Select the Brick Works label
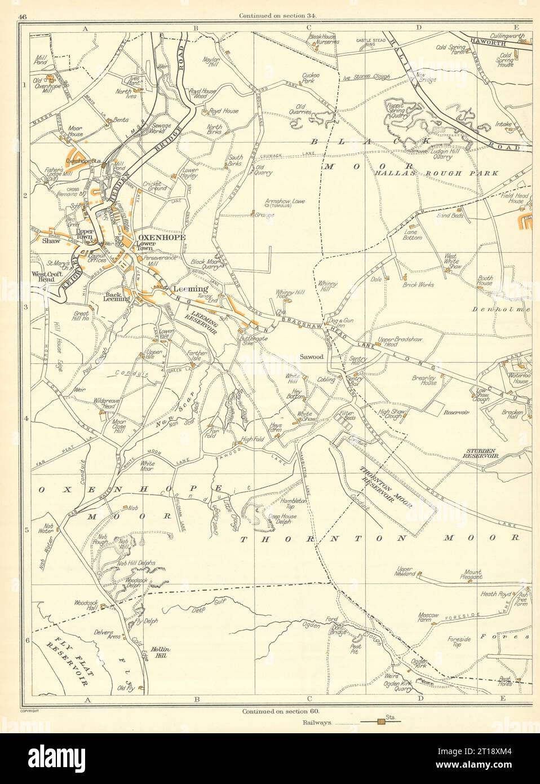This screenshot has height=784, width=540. (418, 285)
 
